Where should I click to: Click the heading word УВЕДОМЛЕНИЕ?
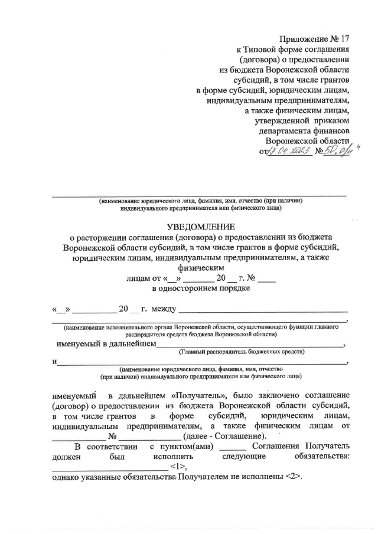point(201,227)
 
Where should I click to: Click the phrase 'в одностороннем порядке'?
point(201,289)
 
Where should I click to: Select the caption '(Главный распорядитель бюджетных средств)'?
point(242,352)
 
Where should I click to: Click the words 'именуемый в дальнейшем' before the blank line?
point(106,343)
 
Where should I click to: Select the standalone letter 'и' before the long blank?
point(54,362)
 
